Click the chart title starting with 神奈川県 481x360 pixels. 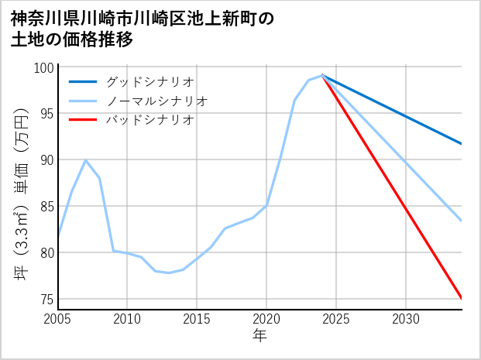coord(143,29)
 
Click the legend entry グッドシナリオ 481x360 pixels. coord(150,81)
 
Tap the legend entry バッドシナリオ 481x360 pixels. coord(150,120)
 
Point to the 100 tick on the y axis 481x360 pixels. coord(43,67)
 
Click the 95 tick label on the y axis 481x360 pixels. coord(46,114)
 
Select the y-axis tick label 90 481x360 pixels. coord(46,160)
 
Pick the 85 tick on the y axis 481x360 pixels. coord(46,207)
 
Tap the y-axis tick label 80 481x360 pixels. coord(46,253)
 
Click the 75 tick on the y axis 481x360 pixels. coord(46,300)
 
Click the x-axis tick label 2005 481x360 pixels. coord(58,319)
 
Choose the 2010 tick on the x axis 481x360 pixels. coord(127,319)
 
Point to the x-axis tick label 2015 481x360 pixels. coord(197,319)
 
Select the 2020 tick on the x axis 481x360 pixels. coord(266,319)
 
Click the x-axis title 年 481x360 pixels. coord(259,337)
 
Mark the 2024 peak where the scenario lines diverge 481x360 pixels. coord(322,75)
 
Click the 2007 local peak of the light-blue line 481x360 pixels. coord(85,160)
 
